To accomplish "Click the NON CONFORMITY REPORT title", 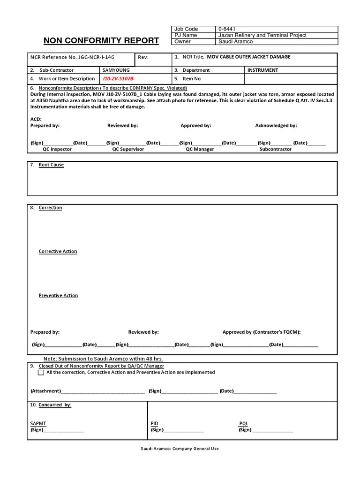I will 101,40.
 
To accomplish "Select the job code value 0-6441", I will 227,29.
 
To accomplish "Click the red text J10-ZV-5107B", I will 121,79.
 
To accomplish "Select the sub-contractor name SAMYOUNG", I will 116,70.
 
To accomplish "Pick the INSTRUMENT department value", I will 262,70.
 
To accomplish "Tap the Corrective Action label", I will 58,251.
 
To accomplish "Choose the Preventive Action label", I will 58,295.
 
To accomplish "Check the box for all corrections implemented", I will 41,373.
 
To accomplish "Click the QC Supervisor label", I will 127,149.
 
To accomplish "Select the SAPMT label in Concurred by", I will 38,423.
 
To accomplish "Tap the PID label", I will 154,423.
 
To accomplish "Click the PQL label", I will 243,423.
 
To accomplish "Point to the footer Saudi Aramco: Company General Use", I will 180,449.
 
